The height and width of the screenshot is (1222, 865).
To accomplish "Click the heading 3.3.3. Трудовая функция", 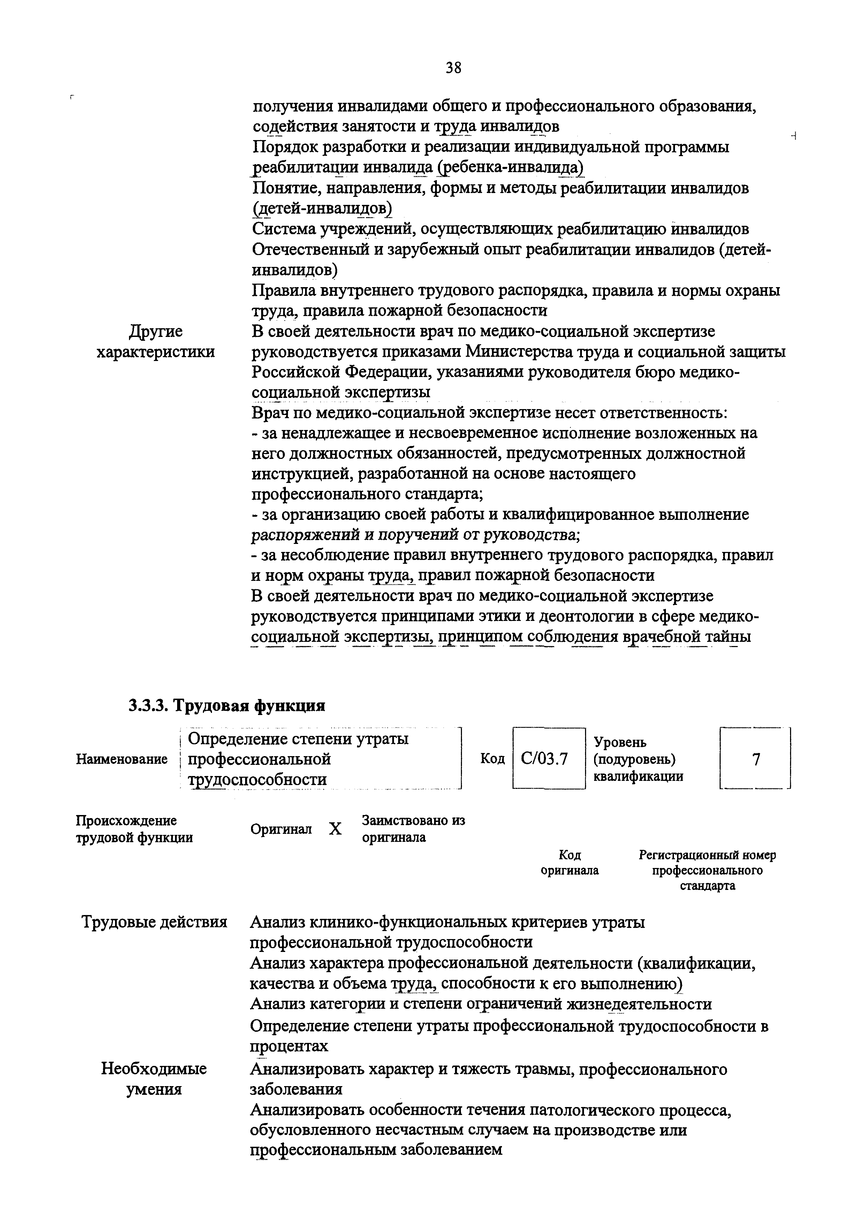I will [226, 705].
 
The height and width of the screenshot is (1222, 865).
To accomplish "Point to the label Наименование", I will [122, 759].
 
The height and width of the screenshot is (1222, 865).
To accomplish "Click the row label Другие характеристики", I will [155, 342].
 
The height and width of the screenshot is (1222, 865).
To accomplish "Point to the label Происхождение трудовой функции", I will [134, 829].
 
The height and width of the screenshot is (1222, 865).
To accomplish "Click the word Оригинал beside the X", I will [281, 829].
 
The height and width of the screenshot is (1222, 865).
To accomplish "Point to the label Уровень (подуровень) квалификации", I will [638, 759].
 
